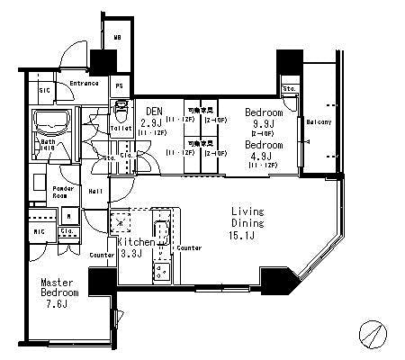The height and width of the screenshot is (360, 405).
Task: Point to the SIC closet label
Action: pos(45,90)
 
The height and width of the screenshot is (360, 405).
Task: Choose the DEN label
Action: pos(152,112)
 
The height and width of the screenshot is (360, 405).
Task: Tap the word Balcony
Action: pos(319,121)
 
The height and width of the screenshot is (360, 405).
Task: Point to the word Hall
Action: pos(95,191)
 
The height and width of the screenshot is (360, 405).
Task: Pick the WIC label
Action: pos(40,231)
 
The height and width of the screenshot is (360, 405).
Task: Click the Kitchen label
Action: pos(135,242)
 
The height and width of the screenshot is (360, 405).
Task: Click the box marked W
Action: pos(70,216)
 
